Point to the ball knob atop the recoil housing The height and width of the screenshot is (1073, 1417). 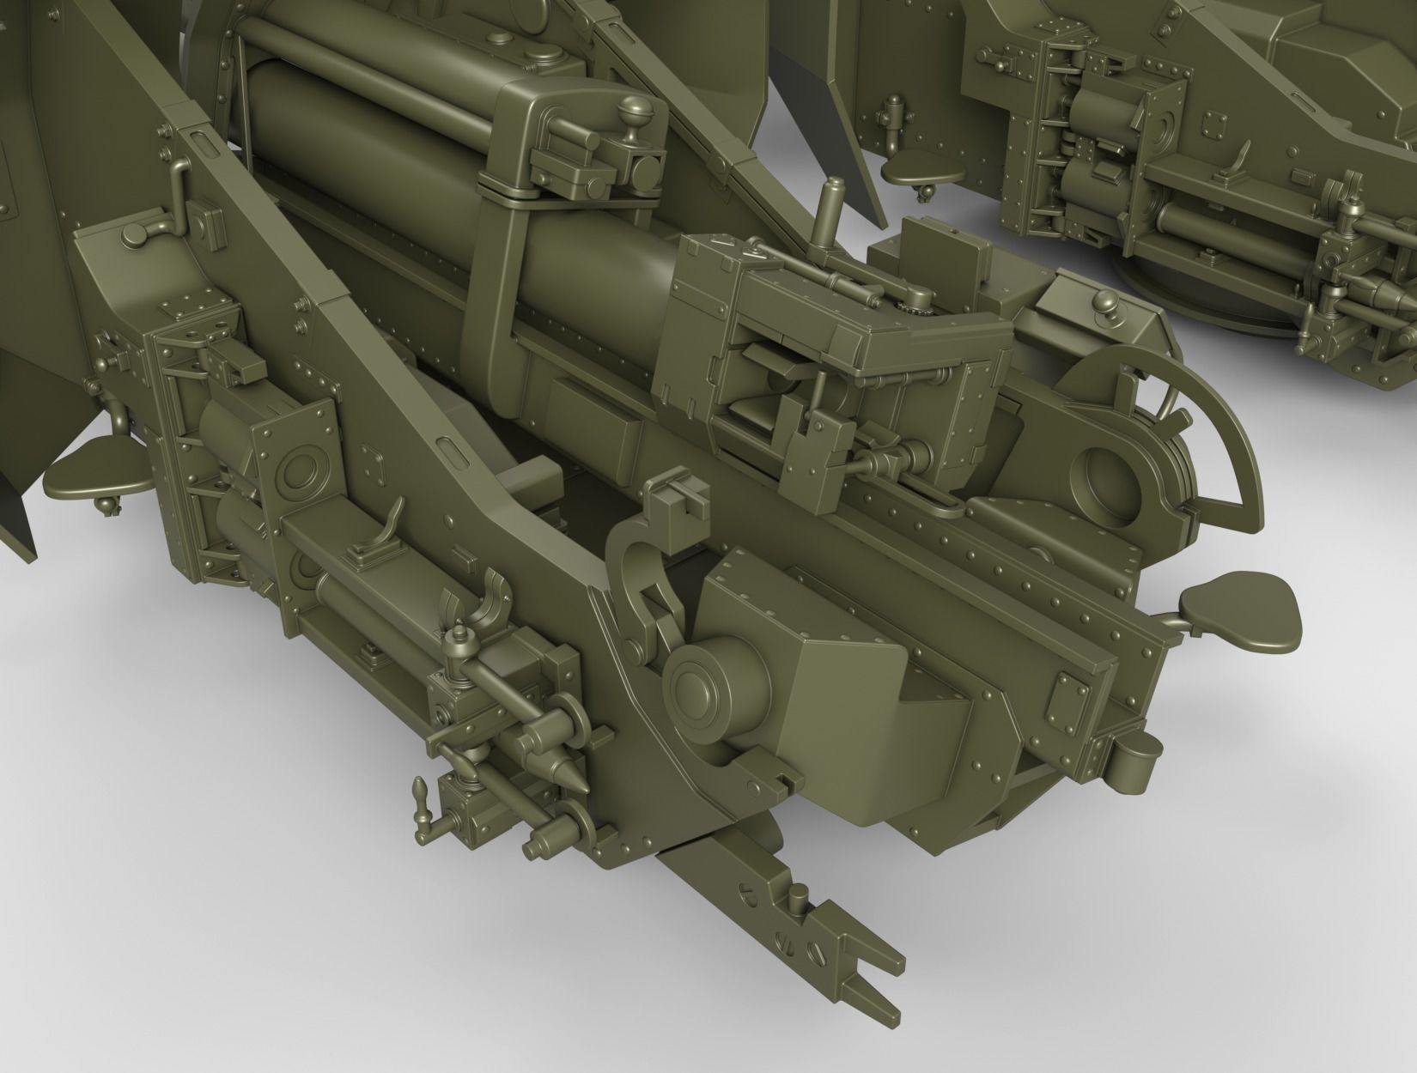[636, 110]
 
